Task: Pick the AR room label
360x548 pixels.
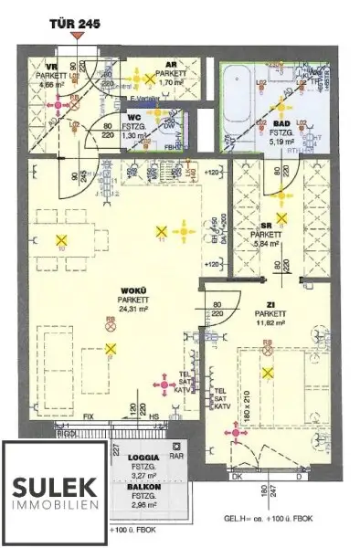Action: pyautogui.click(x=172, y=65)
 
